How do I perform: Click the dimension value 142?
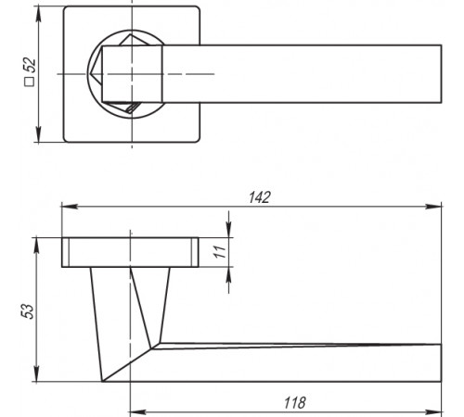(260, 197)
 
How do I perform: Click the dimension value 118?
(295, 403)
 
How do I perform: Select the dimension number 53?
(27, 311)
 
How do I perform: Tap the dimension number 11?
(220, 252)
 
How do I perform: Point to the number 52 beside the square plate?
(30, 66)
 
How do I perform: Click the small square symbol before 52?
(30, 82)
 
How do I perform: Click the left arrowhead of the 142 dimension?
(70, 207)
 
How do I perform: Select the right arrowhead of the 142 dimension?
(433, 207)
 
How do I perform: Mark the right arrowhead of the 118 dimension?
(433, 412)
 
